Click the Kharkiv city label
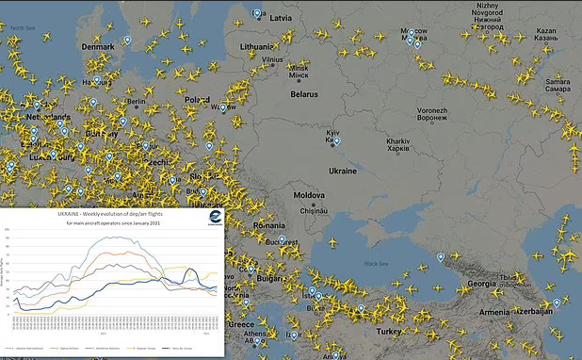[398, 144]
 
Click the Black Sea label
[377, 264]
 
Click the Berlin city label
[136, 102]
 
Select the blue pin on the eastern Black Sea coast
[441, 257]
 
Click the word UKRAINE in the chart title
[73, 216]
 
